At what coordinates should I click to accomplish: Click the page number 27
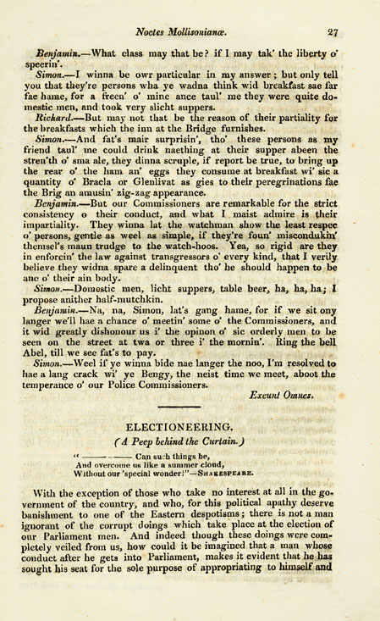[x=333, y=32]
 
